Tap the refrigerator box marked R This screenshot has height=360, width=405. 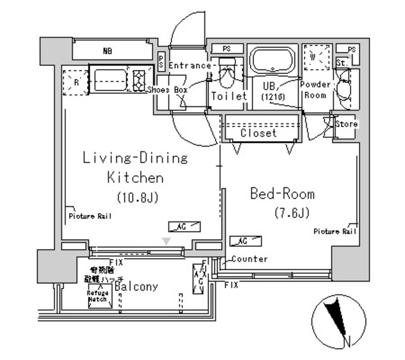tap(76, 82)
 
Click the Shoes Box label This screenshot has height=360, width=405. tap(168, 90)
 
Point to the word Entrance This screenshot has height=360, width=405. tap(189, 65)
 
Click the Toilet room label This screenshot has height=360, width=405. tap(228, 97)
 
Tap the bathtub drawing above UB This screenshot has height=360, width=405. tap(272, 61)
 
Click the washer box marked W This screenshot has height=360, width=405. tap(316, 56)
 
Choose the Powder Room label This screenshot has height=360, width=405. tap(315, 90)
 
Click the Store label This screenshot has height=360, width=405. tap(346, 124)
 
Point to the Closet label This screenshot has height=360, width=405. tap(259, 133)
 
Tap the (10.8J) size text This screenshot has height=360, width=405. tap(136, 197)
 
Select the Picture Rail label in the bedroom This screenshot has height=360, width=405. tap(335, 232)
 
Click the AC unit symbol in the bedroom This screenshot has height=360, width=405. tap(247, 240)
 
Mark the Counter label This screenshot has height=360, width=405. tap(249, 259)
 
